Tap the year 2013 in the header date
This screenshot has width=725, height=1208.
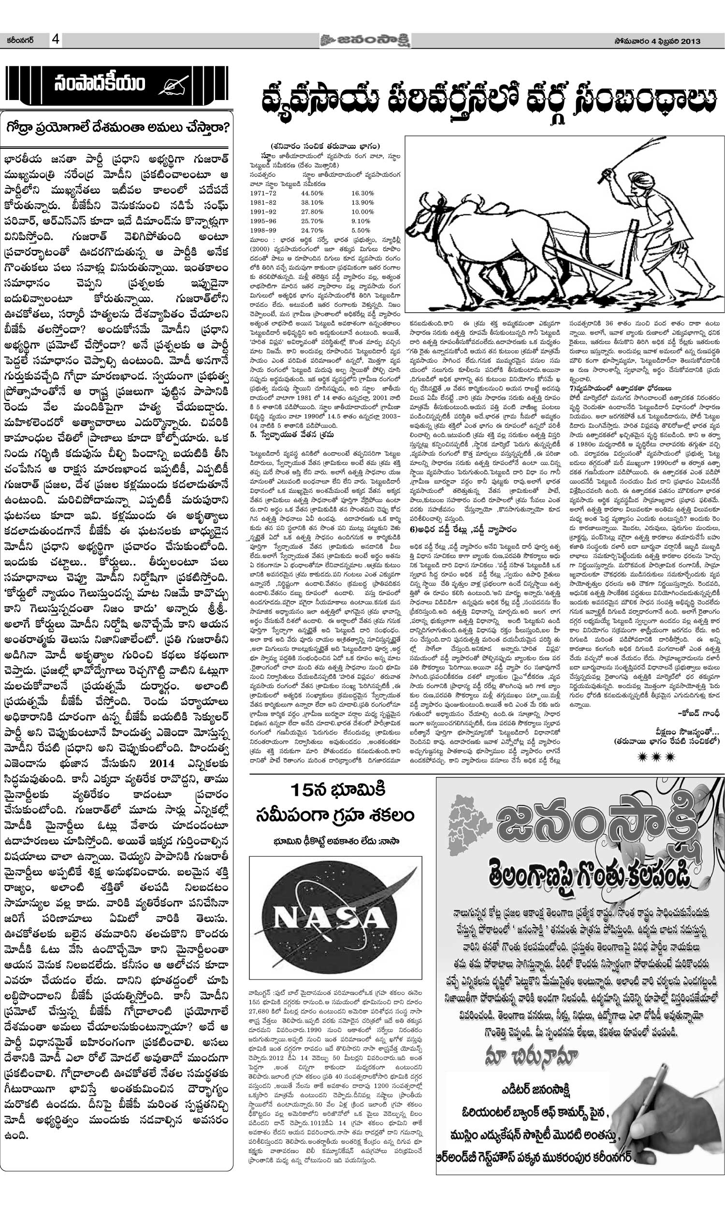click(x=689, y=41)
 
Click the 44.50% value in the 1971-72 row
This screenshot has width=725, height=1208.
click(x=312, y=193)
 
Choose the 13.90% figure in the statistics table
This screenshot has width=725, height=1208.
click(x=362, y=202)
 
